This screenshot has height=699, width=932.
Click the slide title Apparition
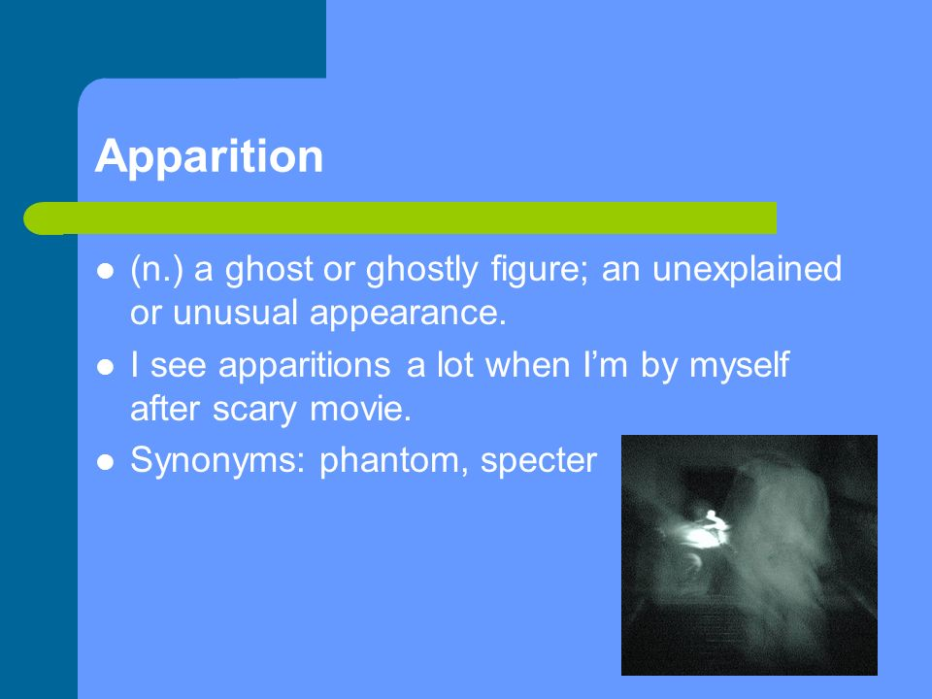(209, 157)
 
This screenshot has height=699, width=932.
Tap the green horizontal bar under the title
(399, 218)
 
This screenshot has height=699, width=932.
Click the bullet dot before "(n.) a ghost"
(105, 271)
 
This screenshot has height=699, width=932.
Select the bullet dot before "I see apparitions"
(105, 367)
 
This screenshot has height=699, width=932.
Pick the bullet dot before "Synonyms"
(105, 462)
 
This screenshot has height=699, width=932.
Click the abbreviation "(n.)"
(156, 270)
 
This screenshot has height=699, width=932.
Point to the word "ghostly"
(421, 270)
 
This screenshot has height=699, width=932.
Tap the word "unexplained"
(748, 270)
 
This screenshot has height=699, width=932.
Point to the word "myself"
(740, 365)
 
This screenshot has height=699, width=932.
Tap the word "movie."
(361, 409)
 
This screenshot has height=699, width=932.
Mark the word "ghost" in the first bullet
(269, 270)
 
